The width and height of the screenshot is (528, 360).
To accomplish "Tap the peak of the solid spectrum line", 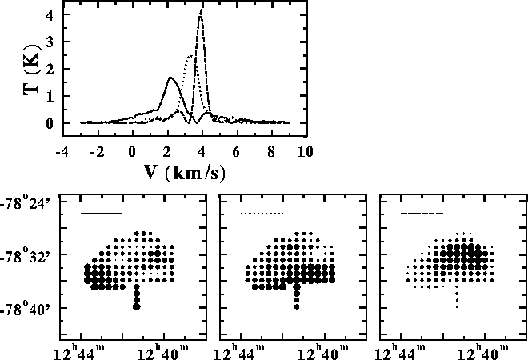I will [x=171, y=78].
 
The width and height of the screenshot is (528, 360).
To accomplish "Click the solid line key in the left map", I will [x=102, y=214].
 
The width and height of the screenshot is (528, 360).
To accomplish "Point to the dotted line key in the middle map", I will [x=262, y=214].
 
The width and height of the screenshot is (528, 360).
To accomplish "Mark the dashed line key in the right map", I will [x=421, y=214].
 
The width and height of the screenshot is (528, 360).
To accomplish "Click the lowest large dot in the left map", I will [x=137, y=306].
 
